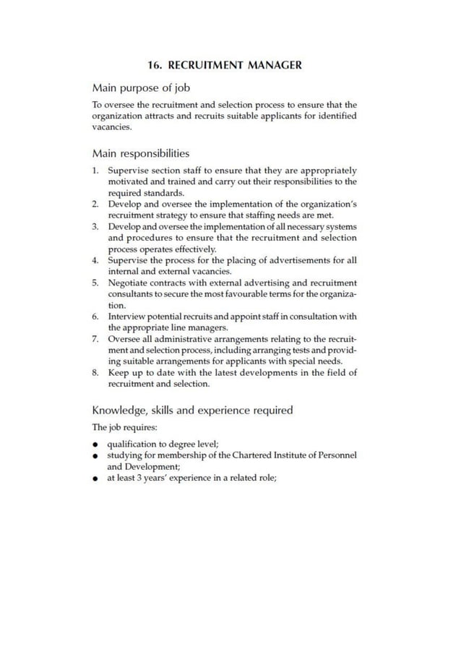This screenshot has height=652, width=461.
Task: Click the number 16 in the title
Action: point(153,65)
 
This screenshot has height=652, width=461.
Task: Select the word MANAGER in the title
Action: point(275,65)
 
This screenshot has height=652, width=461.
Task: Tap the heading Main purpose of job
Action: point(141,88)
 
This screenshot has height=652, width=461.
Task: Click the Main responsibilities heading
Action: point(141,153)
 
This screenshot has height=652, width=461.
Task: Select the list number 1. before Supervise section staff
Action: point(96,171)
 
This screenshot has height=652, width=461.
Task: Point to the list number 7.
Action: point(96,339)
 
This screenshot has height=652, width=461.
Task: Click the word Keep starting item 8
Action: point(120,373)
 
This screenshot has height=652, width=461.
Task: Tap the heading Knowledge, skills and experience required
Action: point(192,411)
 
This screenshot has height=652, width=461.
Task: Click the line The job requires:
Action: point(119,428)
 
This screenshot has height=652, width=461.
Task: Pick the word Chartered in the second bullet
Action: point(257,455)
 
